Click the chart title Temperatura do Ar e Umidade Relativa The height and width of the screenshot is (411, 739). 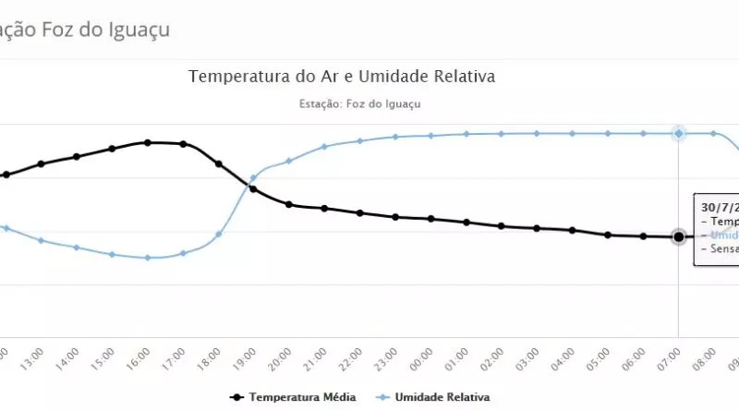342,76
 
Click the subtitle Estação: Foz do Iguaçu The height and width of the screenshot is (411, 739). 360,103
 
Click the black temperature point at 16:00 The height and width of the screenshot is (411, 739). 147,142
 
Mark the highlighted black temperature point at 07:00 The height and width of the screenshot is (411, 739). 679,236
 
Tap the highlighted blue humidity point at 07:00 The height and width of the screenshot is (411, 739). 679,133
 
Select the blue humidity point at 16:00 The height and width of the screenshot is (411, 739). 147,258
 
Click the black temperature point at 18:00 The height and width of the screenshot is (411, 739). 219,163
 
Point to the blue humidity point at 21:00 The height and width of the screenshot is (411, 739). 324,146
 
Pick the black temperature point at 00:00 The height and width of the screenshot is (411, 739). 430,219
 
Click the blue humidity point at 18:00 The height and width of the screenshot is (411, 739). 219,234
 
